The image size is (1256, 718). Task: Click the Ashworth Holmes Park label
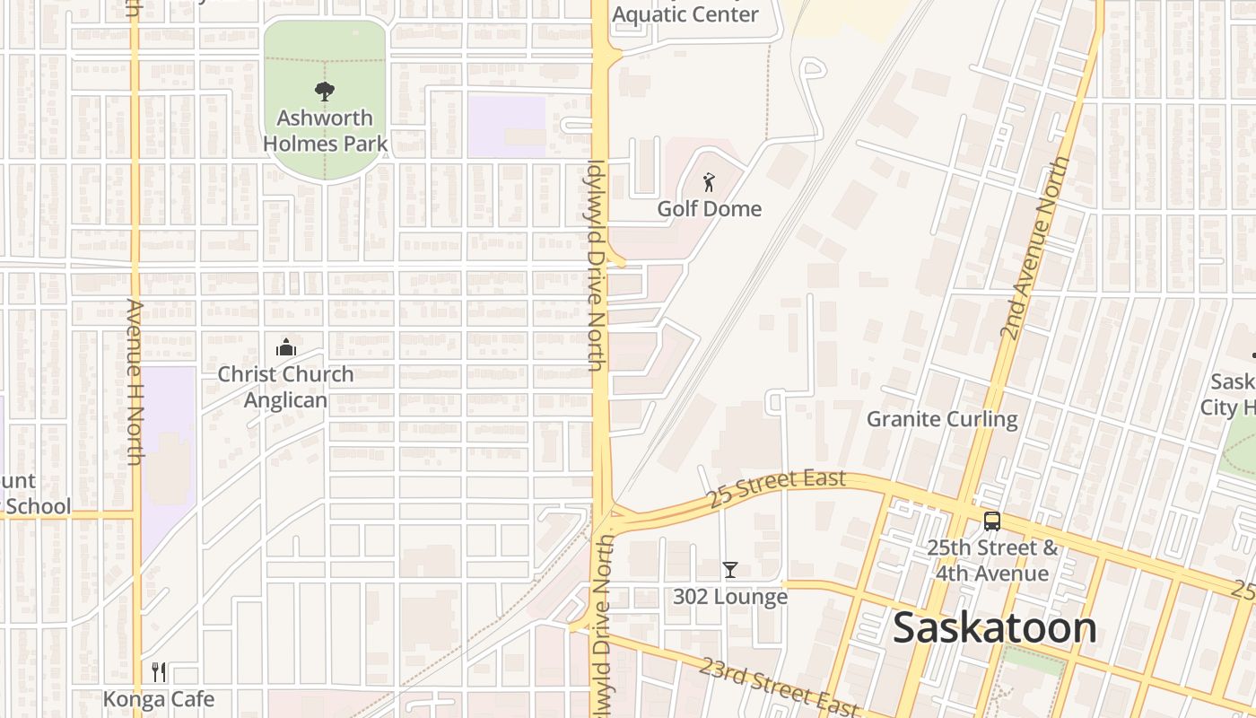point(325,131)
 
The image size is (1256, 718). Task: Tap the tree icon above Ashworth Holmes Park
point(324,90)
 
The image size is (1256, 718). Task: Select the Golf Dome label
point(709,209)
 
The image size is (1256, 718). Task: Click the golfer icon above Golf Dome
point(709,182)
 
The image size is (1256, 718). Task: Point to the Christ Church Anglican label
point(285,387)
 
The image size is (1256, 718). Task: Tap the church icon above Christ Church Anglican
point(286,346)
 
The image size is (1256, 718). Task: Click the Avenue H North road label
point(135,381)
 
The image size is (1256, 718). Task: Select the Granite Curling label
point(941,419)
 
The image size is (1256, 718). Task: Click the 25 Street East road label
point(776,488)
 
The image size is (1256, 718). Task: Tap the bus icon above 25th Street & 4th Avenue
point(991,521)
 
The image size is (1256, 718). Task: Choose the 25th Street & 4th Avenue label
point(991,560)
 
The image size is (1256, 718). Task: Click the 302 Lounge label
point(729,597)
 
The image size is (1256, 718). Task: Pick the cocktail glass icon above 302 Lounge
point(730,569)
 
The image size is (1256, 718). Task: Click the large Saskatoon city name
point(995,628)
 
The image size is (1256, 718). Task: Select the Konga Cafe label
point(159,699)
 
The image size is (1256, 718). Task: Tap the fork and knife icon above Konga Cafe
point(159,671)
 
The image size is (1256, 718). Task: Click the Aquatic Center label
point(685,14)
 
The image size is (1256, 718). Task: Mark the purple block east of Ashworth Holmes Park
point(506,125)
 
